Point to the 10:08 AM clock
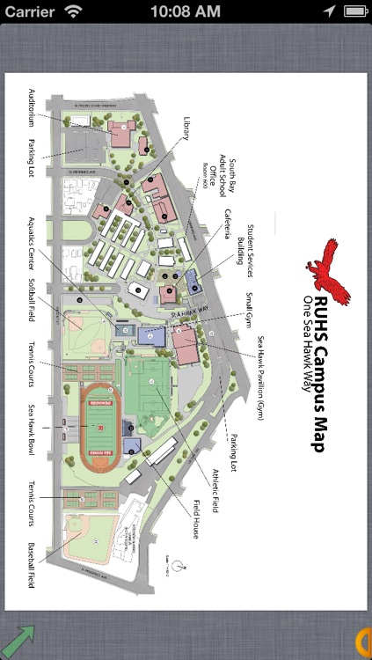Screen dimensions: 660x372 186,11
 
